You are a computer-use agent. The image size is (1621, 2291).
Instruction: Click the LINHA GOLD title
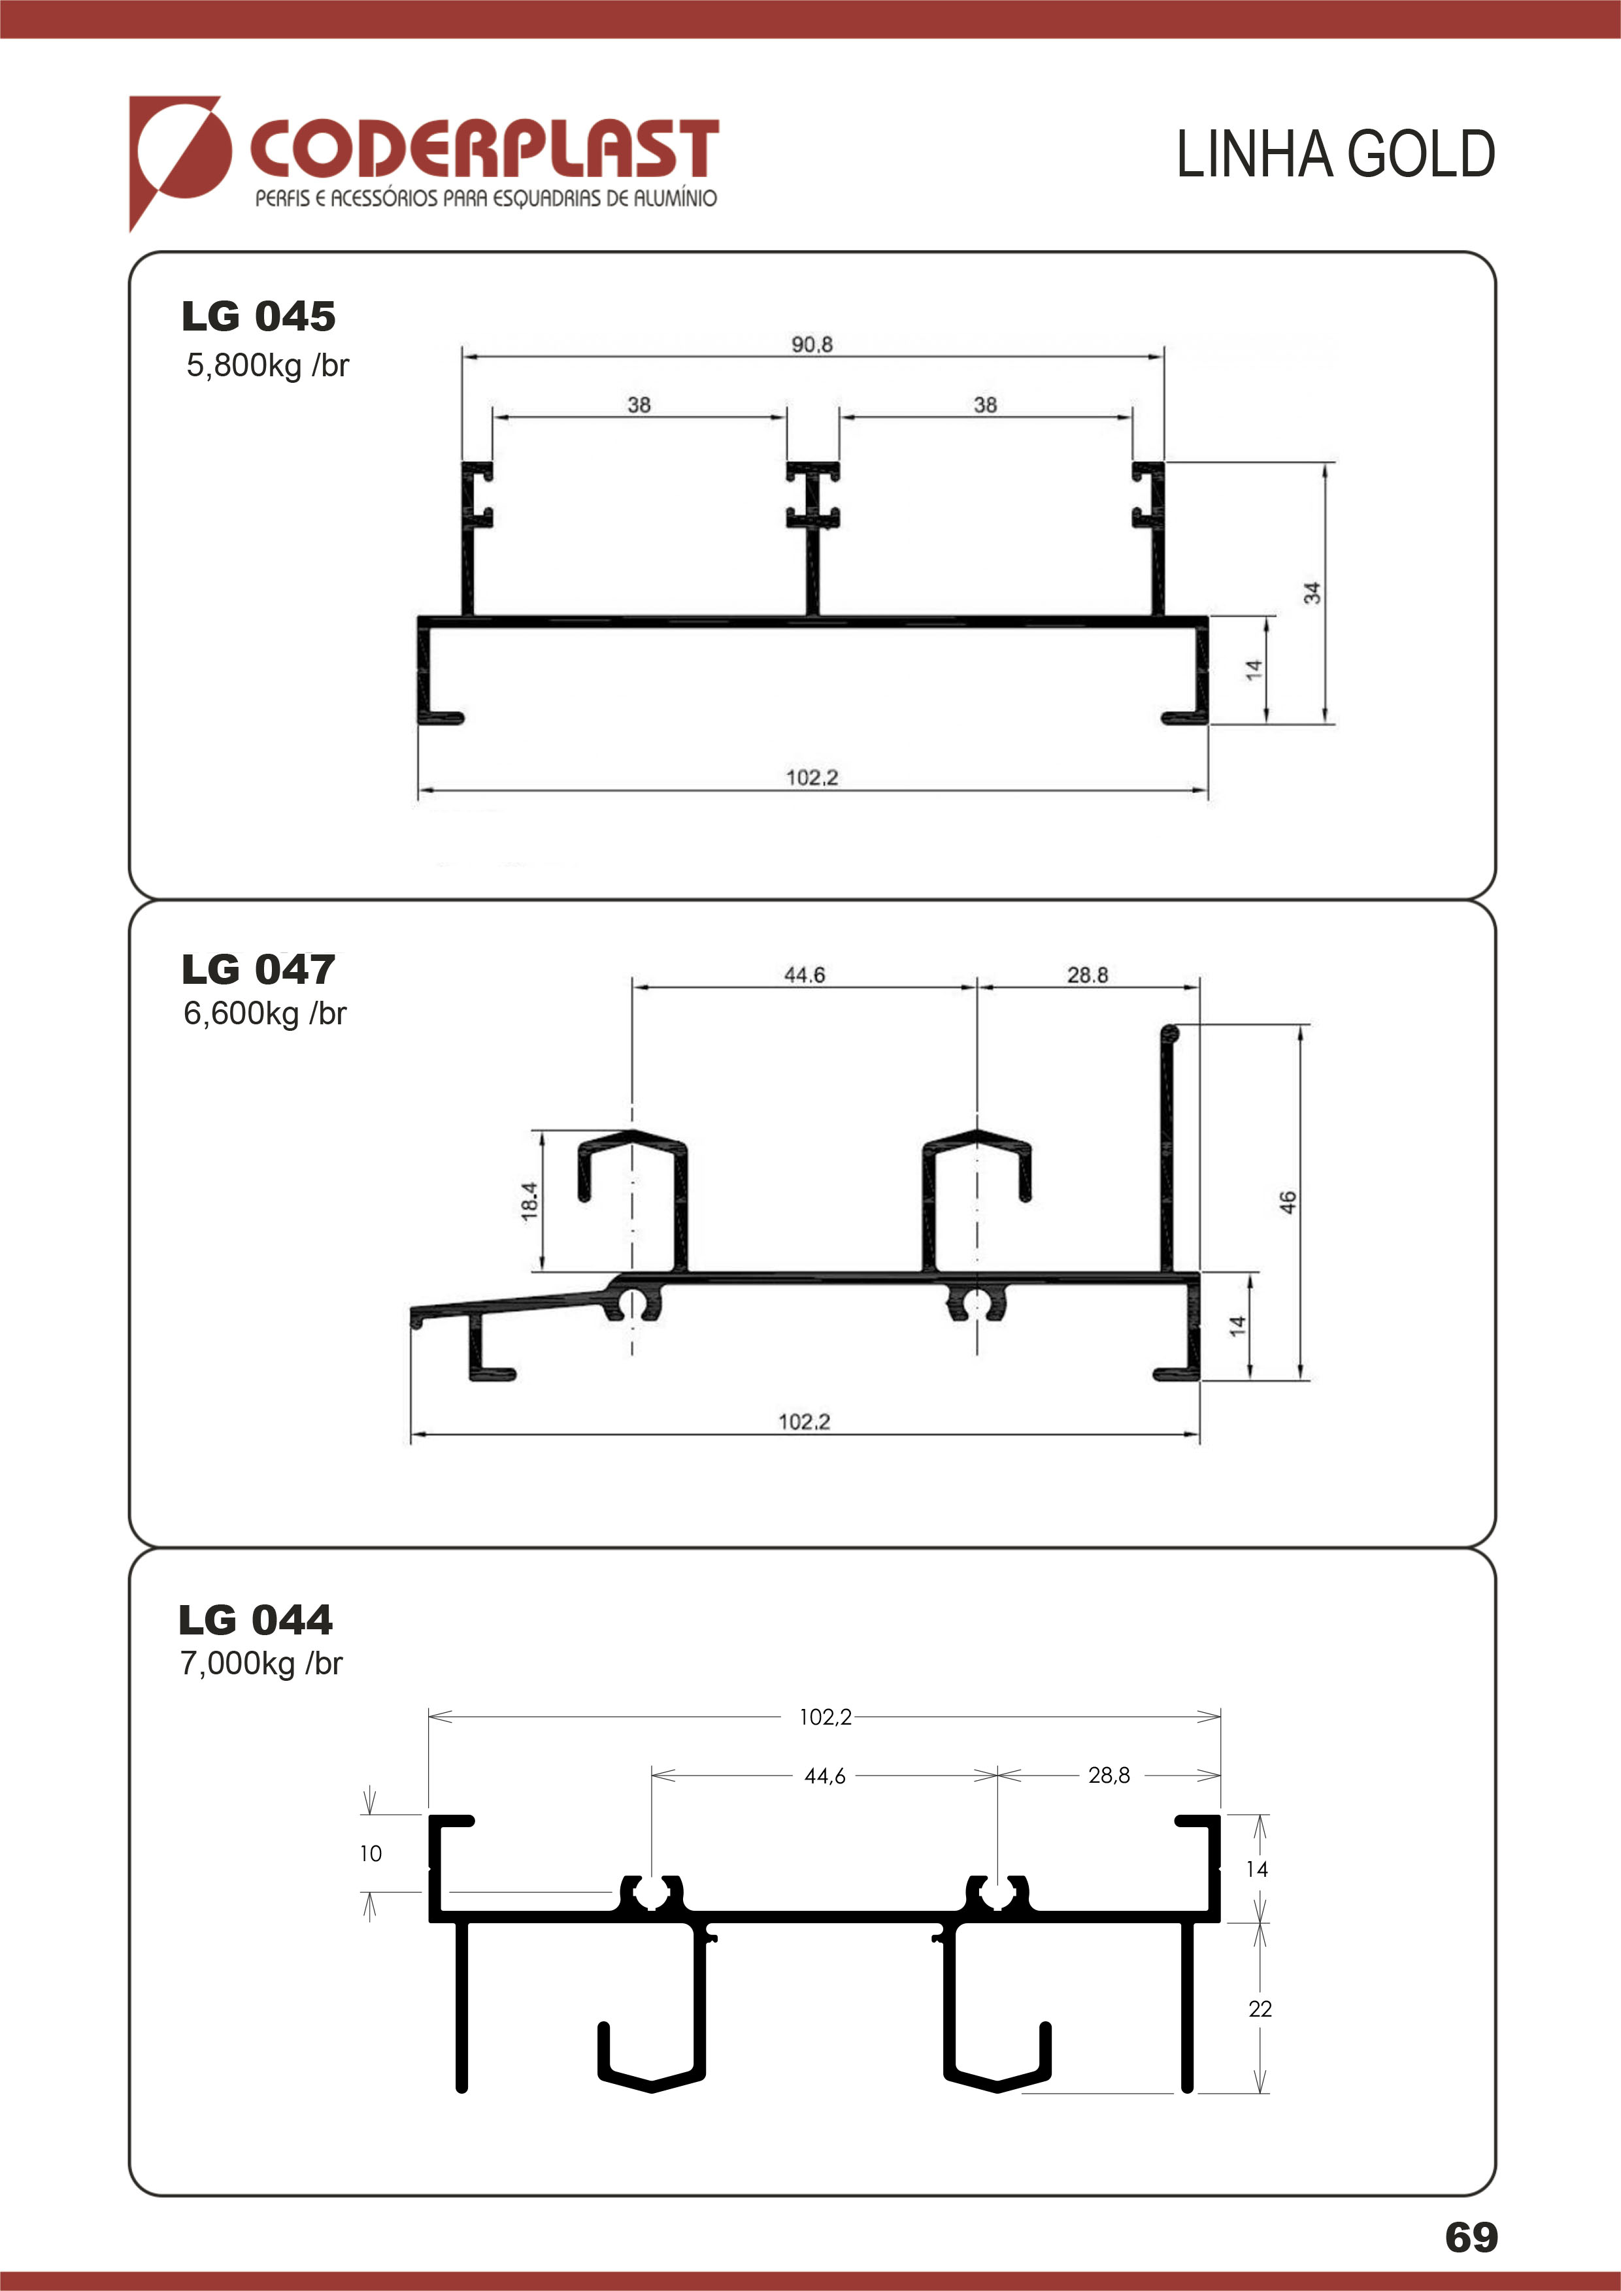click(1335, 155)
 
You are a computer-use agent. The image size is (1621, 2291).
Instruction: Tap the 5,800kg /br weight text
click(267, 366)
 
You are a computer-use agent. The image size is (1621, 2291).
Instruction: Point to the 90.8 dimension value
click(812, 344)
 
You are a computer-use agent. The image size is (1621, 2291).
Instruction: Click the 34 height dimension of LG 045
click(1312, 593)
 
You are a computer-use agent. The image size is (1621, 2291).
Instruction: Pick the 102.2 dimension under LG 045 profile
click(812, 777)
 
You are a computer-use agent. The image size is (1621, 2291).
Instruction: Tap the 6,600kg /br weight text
click(265, 1014)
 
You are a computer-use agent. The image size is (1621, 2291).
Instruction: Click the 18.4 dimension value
click(529, 1201)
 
